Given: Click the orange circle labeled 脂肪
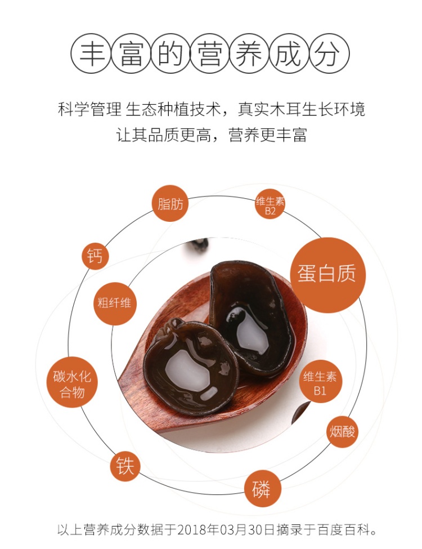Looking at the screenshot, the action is tap(170, 203).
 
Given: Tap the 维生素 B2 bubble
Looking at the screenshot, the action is tap(270, 204).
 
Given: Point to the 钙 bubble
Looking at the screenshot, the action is tap(95, 256).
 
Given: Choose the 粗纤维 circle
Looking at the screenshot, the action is tap(114, 303).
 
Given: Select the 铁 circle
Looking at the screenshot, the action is tap(125, 466).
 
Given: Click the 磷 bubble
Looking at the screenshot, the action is tap(262, 488).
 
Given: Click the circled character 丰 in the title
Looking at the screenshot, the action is tap(91, 53).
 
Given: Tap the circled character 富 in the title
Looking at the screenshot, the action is tap(131, 53).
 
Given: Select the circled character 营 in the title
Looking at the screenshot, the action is tap(210, 53).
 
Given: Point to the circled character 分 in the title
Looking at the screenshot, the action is tap(329, 53).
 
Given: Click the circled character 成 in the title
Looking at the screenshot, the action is tap(289, 53).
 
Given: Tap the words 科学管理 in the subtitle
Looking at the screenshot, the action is tap(89, 109).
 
